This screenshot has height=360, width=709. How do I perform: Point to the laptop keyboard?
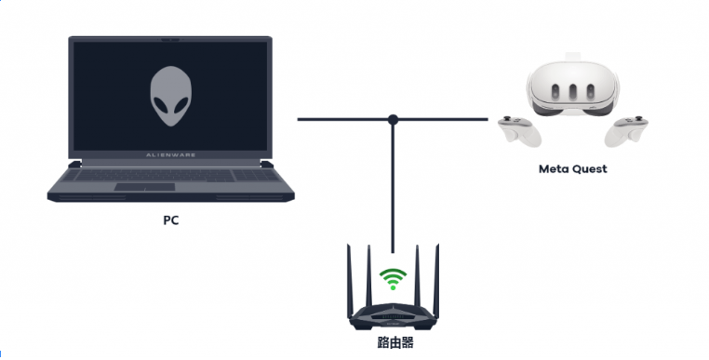click(x=171, y=174)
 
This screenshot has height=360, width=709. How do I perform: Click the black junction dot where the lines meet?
click(x=394, y=119)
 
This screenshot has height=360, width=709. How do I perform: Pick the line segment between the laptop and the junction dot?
click(x=344, y=119)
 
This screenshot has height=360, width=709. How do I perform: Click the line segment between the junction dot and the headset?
click(x=441, y=119)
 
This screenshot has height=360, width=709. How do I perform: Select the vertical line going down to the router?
click(x=394, y=186)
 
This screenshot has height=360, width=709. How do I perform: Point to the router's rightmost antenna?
click(x=436, y=279)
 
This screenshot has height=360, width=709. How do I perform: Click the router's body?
click(x=394, y=316)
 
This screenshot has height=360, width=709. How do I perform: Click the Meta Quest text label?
click(x=572, y=169)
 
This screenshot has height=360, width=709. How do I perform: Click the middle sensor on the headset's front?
click(x=569, y=93)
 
